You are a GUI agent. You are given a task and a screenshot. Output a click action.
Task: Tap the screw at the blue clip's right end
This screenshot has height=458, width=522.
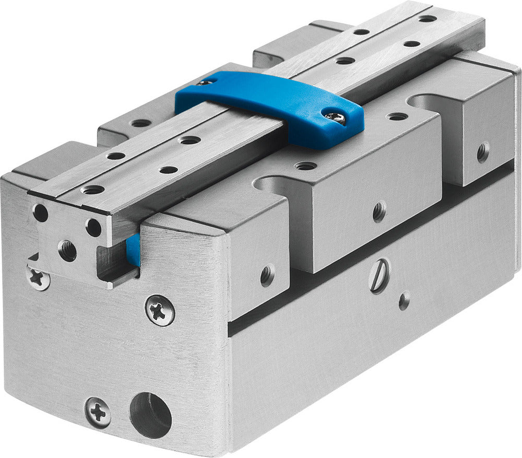tap(335, 118)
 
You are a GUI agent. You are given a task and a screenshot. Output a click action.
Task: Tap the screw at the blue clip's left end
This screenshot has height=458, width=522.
tap(205, 81)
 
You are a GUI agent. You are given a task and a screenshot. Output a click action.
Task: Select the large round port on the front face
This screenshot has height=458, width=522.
tap(150, 415)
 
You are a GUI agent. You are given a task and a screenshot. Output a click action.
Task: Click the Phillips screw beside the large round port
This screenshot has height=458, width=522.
tap(98, 412)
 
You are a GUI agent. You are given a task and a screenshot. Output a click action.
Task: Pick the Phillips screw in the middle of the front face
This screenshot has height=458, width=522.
tap(160, 310)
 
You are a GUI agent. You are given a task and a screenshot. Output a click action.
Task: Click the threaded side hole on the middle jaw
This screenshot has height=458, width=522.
tap(379, 211)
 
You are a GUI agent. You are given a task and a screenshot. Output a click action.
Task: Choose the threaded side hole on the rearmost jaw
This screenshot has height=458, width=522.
tap(483, 152)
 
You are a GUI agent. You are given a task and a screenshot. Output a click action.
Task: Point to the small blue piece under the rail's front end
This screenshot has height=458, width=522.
tap(133, 250)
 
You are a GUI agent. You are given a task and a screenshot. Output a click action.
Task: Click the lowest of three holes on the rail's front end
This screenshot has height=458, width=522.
tap(67, 250)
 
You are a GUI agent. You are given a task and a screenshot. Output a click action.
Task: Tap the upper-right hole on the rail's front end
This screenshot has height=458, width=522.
tap(93, 227)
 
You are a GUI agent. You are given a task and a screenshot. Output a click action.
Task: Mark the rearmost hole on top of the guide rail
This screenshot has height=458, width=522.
tap(428, 18)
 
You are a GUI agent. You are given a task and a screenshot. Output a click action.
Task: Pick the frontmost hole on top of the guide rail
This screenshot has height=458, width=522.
tap(92, 190)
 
